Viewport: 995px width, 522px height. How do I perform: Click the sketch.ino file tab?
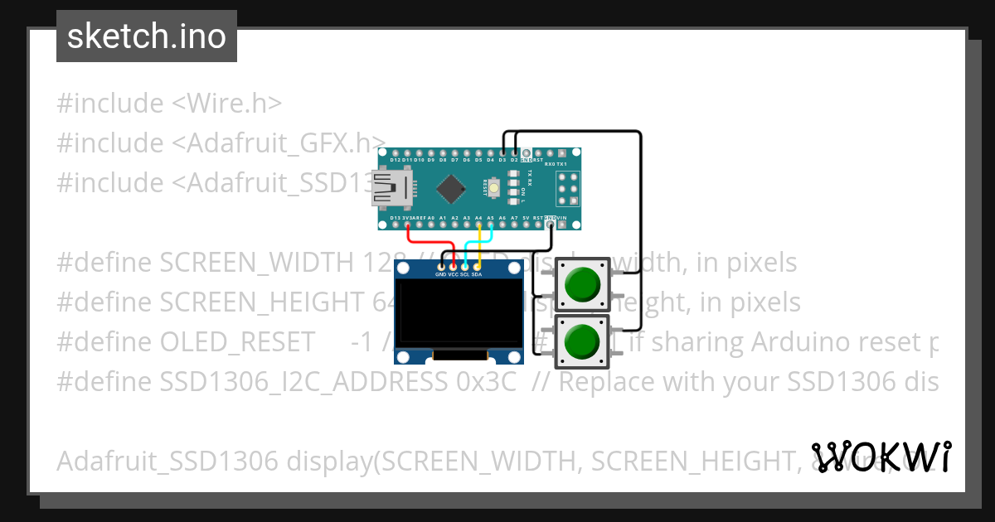[x=146, y=36]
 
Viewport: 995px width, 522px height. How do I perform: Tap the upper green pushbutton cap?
[x=581, y=284]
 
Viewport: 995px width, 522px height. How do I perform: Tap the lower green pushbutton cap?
[x=581, y=341]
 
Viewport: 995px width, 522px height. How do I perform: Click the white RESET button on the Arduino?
[x=495, y=188]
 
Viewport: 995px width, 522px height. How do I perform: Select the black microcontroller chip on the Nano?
[x=450, y=188]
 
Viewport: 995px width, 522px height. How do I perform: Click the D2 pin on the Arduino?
[x=514, y=154]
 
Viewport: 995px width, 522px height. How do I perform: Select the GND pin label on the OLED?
[x=440, y=273]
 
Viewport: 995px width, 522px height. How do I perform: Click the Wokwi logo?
[x=881, y=457]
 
